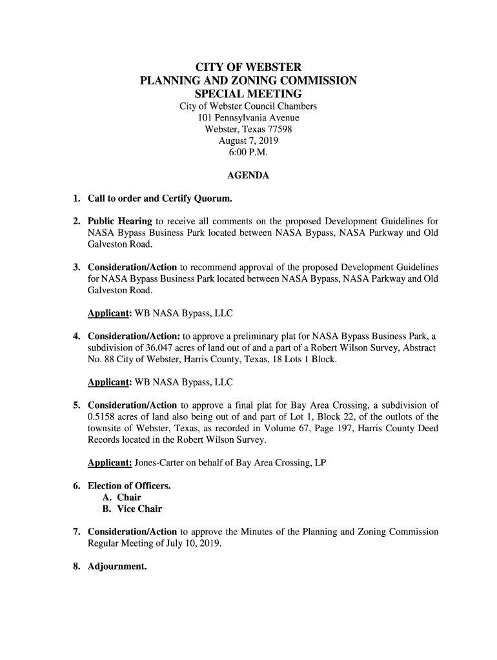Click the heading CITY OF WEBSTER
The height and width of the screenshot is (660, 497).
click(249, 68)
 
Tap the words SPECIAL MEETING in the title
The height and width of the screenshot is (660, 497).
click(249, 94)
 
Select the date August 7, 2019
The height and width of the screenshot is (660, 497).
click(249, 141)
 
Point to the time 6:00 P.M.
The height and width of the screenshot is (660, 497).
click(249, 153)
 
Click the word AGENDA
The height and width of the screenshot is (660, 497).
click(249, 175)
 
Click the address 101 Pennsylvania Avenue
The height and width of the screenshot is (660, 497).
click(249, 118)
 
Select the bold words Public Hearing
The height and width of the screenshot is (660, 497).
click(120, 222)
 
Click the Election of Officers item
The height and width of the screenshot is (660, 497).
click(129, 486)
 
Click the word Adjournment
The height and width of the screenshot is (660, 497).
click(117, 567)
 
